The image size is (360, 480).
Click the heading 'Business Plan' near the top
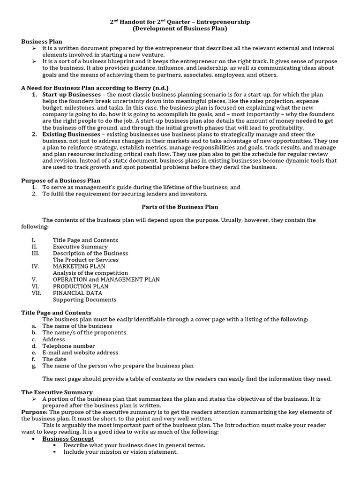point(42,41)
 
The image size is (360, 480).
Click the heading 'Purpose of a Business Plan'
point(61,180)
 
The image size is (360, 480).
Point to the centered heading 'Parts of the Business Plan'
point(180,207)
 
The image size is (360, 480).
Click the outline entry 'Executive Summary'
point(80,247)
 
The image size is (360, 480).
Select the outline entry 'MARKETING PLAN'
point(79,266)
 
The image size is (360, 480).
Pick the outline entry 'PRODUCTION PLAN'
point(80,286)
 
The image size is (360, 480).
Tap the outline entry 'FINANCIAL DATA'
point(77,293)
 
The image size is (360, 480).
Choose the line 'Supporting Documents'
point(84,300)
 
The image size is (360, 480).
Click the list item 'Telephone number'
point(68,346)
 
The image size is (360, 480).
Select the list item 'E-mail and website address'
point(80,352)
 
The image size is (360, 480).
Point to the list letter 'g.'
point(34,366)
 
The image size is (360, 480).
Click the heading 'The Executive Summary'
point(57,392)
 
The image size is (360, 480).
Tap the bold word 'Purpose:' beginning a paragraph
point(34,412)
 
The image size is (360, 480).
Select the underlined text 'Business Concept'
point(68,439)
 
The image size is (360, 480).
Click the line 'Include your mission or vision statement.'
point(120,452)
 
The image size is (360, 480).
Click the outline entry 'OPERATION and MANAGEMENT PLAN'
point(106,279)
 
